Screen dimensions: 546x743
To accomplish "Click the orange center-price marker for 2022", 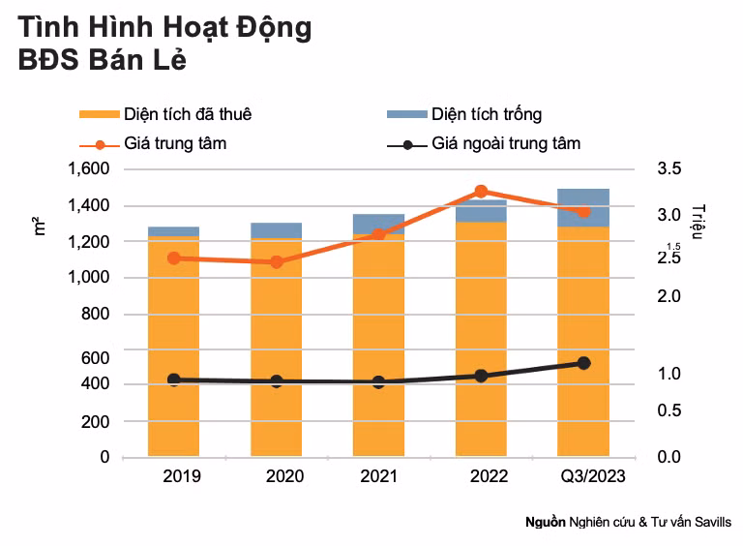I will tap(481, 192).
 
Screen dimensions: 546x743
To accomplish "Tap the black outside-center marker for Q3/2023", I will tap(583, 363).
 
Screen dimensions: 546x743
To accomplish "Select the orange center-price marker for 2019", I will tap(173, 258).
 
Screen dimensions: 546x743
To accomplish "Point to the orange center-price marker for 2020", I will tap(276, 261).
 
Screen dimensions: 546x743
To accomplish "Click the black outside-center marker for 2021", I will tap(378, 381).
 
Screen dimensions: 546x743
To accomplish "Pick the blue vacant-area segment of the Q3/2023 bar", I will tap(583, 207).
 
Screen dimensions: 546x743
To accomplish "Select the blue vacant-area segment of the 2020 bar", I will tap(276, 230).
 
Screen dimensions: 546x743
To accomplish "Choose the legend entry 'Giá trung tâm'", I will tap(175, 144).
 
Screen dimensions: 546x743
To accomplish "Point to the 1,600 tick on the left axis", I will tap(89, 169).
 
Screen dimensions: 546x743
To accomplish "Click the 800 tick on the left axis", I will tap(97, 315).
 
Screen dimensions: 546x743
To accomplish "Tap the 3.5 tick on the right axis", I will tap(669, 169).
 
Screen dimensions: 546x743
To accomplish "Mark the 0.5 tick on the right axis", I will tap(669, 410).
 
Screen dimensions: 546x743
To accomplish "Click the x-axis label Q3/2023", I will tap(593, 476).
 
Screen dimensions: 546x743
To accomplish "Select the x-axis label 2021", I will tap(378, 476).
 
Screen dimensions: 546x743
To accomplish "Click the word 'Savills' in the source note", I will tap(711, 522).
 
